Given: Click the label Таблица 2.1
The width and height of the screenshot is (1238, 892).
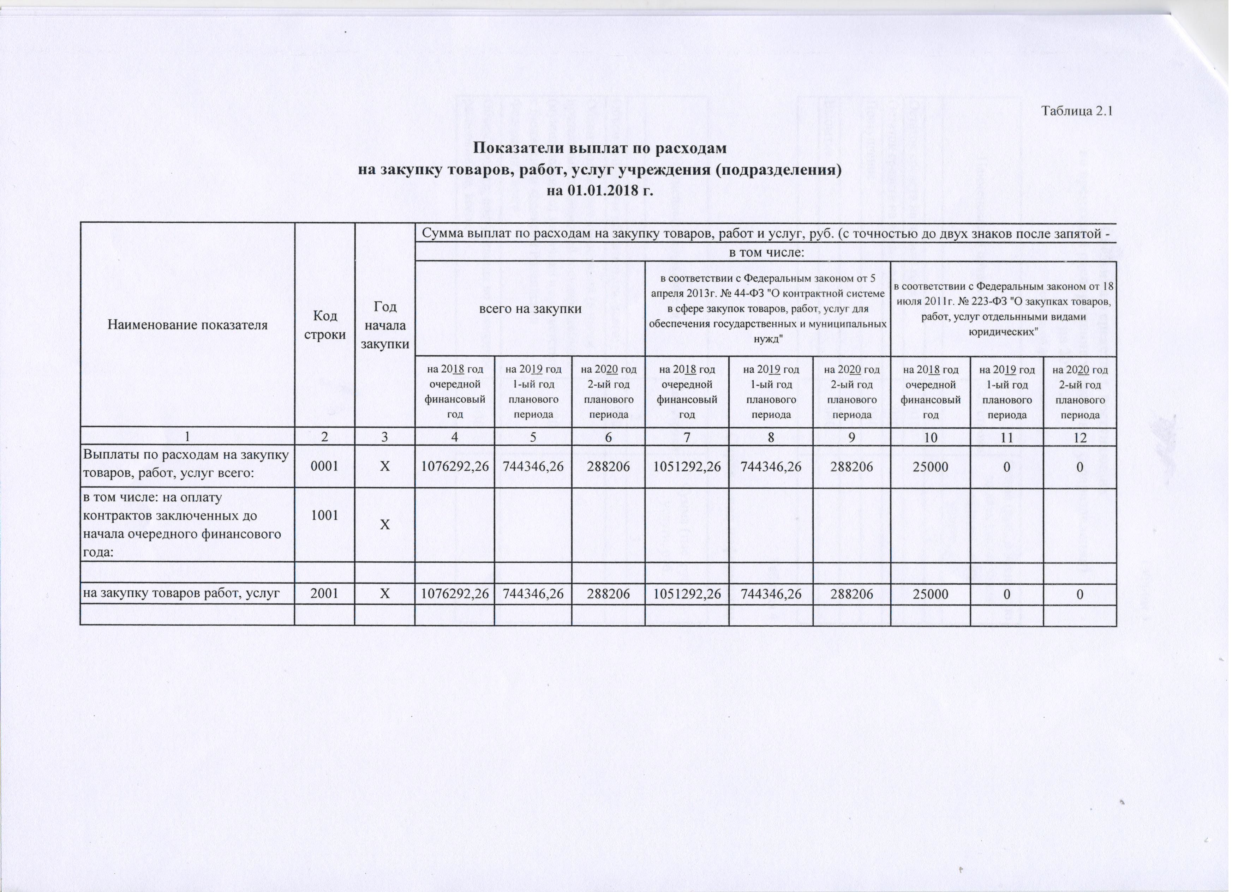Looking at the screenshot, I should (1076, 111).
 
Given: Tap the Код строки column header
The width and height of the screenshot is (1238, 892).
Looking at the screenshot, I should (325, 325).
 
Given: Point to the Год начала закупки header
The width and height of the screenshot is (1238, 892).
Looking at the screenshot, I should (385, 325).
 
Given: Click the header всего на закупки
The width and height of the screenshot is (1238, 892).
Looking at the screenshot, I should (530, 308).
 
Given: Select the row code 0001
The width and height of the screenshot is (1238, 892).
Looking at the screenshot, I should (325, 466).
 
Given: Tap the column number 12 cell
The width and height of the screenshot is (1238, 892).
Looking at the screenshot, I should (1080, 437).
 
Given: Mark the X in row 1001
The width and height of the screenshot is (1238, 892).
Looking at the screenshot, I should (385, 525).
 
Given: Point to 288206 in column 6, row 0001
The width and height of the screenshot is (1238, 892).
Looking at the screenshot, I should (609, 466).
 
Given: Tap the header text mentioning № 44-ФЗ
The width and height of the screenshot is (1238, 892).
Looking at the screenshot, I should (767, 309).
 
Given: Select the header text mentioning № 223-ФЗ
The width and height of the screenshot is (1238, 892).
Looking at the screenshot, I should (1003, 309).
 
